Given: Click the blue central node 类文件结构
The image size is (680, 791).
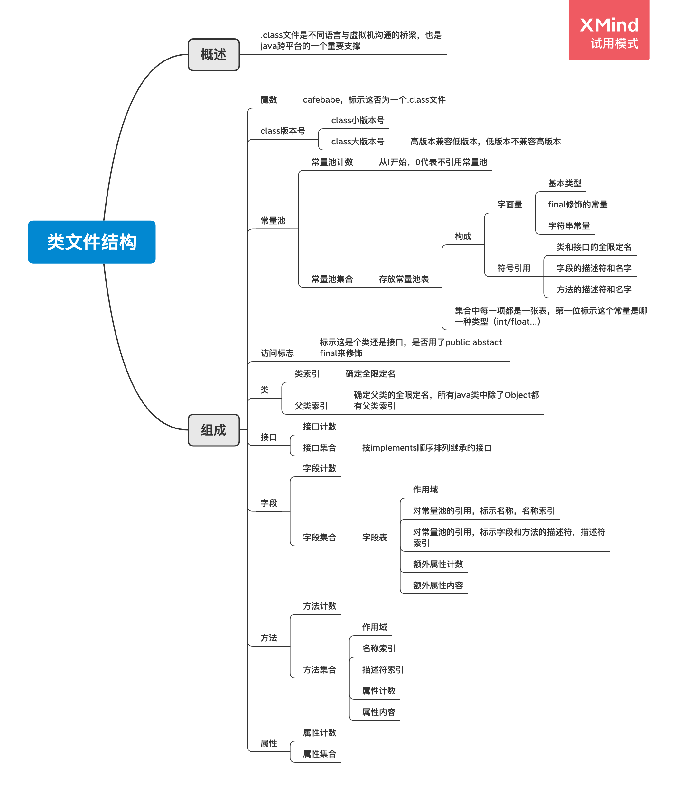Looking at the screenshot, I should click(x=92, y=242).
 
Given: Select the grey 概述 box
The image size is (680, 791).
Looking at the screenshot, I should click(x=214, y=55).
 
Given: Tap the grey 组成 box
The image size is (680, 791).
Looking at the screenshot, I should click(x=214, y=430).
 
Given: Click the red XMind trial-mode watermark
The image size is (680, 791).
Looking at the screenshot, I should click(x=609, y=30).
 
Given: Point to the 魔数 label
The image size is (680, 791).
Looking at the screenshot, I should click(x=269, y=100).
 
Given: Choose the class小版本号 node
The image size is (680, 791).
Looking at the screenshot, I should click(x=357, y=121).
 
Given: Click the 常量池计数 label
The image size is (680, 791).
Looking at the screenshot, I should click(x=332, y=162).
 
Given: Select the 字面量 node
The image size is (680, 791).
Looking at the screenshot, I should click(x=510, y=205).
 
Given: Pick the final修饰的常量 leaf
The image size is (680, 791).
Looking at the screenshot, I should click(x=577, y=205).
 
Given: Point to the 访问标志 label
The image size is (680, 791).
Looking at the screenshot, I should click(x=277, y=353).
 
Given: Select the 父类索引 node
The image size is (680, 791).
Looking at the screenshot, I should click(x=311, y=406).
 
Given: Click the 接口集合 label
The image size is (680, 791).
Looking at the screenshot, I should click(x=319, y=448).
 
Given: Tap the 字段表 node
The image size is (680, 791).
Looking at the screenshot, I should click(x=374, y=538).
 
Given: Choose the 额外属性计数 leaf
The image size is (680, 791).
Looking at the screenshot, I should click(x=438, y=564).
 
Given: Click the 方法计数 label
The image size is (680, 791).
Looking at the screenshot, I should click(x=319, y=606).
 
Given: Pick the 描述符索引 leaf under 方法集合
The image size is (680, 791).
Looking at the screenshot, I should click(x=383, y=670).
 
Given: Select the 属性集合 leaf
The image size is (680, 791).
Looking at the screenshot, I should click(x=319, y=754).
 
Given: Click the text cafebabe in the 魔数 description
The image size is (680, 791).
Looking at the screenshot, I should click(x=321, y=100).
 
